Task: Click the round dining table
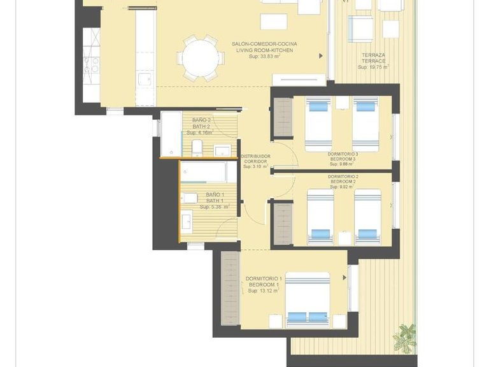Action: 200,57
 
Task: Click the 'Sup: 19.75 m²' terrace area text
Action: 373,66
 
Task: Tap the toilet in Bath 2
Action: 197,148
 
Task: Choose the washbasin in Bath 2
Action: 222,150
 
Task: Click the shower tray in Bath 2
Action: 171,134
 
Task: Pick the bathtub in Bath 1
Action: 203,172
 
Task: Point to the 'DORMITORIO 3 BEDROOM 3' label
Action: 343,156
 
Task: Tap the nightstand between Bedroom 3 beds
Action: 343,103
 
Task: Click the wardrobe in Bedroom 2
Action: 282,223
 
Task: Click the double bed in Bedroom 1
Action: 308,298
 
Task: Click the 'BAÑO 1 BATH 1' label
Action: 215,198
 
